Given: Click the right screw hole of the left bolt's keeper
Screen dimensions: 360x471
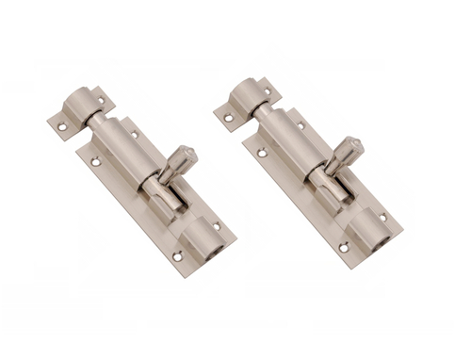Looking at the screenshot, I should (102, 90).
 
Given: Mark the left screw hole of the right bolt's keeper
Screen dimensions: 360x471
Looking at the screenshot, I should (227, 117).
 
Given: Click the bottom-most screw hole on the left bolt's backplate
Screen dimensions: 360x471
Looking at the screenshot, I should (176, 255).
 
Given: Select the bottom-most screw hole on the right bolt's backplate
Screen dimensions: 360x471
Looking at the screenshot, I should (343, 248).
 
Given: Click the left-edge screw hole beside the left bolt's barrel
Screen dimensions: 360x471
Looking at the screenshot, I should (95, 162).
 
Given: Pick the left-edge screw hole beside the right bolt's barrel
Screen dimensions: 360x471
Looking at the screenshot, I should (261, 155).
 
